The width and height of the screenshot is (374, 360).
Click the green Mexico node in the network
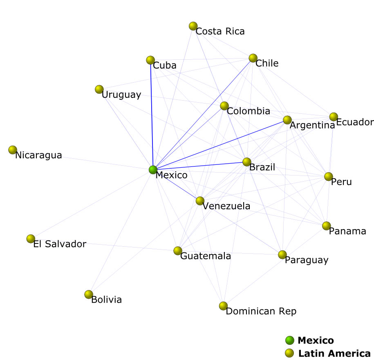pos(153,169)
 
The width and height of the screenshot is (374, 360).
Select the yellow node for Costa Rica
pos(193,26)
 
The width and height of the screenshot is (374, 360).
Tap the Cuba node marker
pos(150,61)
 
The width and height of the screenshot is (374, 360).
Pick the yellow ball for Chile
pos(253,58)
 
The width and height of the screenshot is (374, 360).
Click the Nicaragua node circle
pos(13,150)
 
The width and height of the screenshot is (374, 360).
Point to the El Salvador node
pos(31,239)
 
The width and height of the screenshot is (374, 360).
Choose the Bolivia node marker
pos(89,294)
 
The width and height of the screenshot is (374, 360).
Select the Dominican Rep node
pos(223,306)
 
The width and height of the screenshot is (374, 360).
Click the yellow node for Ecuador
pos(334,117)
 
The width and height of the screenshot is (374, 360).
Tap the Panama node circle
pos(326,226)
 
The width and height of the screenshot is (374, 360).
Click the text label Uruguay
pos(121,95)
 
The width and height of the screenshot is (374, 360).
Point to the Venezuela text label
pos(226,206)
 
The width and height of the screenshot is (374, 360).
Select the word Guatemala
pos(206,256)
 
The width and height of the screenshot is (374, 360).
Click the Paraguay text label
pos(307,260)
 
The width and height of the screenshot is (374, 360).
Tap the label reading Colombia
pos(249,111)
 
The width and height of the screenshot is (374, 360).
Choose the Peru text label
pos(341,182)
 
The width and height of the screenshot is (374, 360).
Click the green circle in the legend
pos(290,340)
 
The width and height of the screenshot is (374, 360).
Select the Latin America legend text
pos(334,353)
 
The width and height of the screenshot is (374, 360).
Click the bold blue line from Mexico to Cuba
pos(152,115)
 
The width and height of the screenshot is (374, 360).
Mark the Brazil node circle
pos(246,162)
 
